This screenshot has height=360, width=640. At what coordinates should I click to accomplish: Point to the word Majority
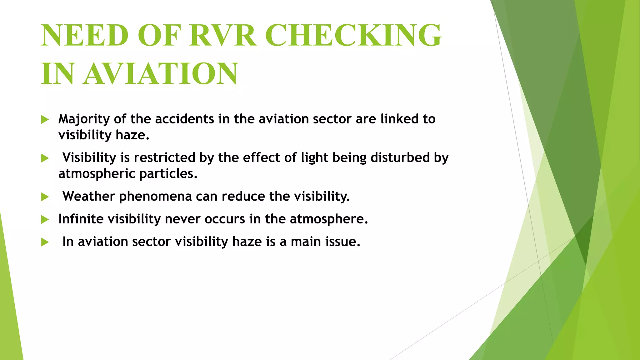(84, 119)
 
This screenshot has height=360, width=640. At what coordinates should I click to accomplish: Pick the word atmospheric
(97, 174)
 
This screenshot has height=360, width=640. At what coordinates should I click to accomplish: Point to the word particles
(168, 174)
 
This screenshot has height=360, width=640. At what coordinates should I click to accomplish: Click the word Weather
(89, 196)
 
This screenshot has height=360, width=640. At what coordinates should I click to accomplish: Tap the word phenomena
(155, 197)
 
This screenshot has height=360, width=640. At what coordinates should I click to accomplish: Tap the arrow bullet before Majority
(45, 119)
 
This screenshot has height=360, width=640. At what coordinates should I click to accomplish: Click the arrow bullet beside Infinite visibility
(45, 220)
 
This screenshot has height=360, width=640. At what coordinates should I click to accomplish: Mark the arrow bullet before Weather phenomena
(45, 197)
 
